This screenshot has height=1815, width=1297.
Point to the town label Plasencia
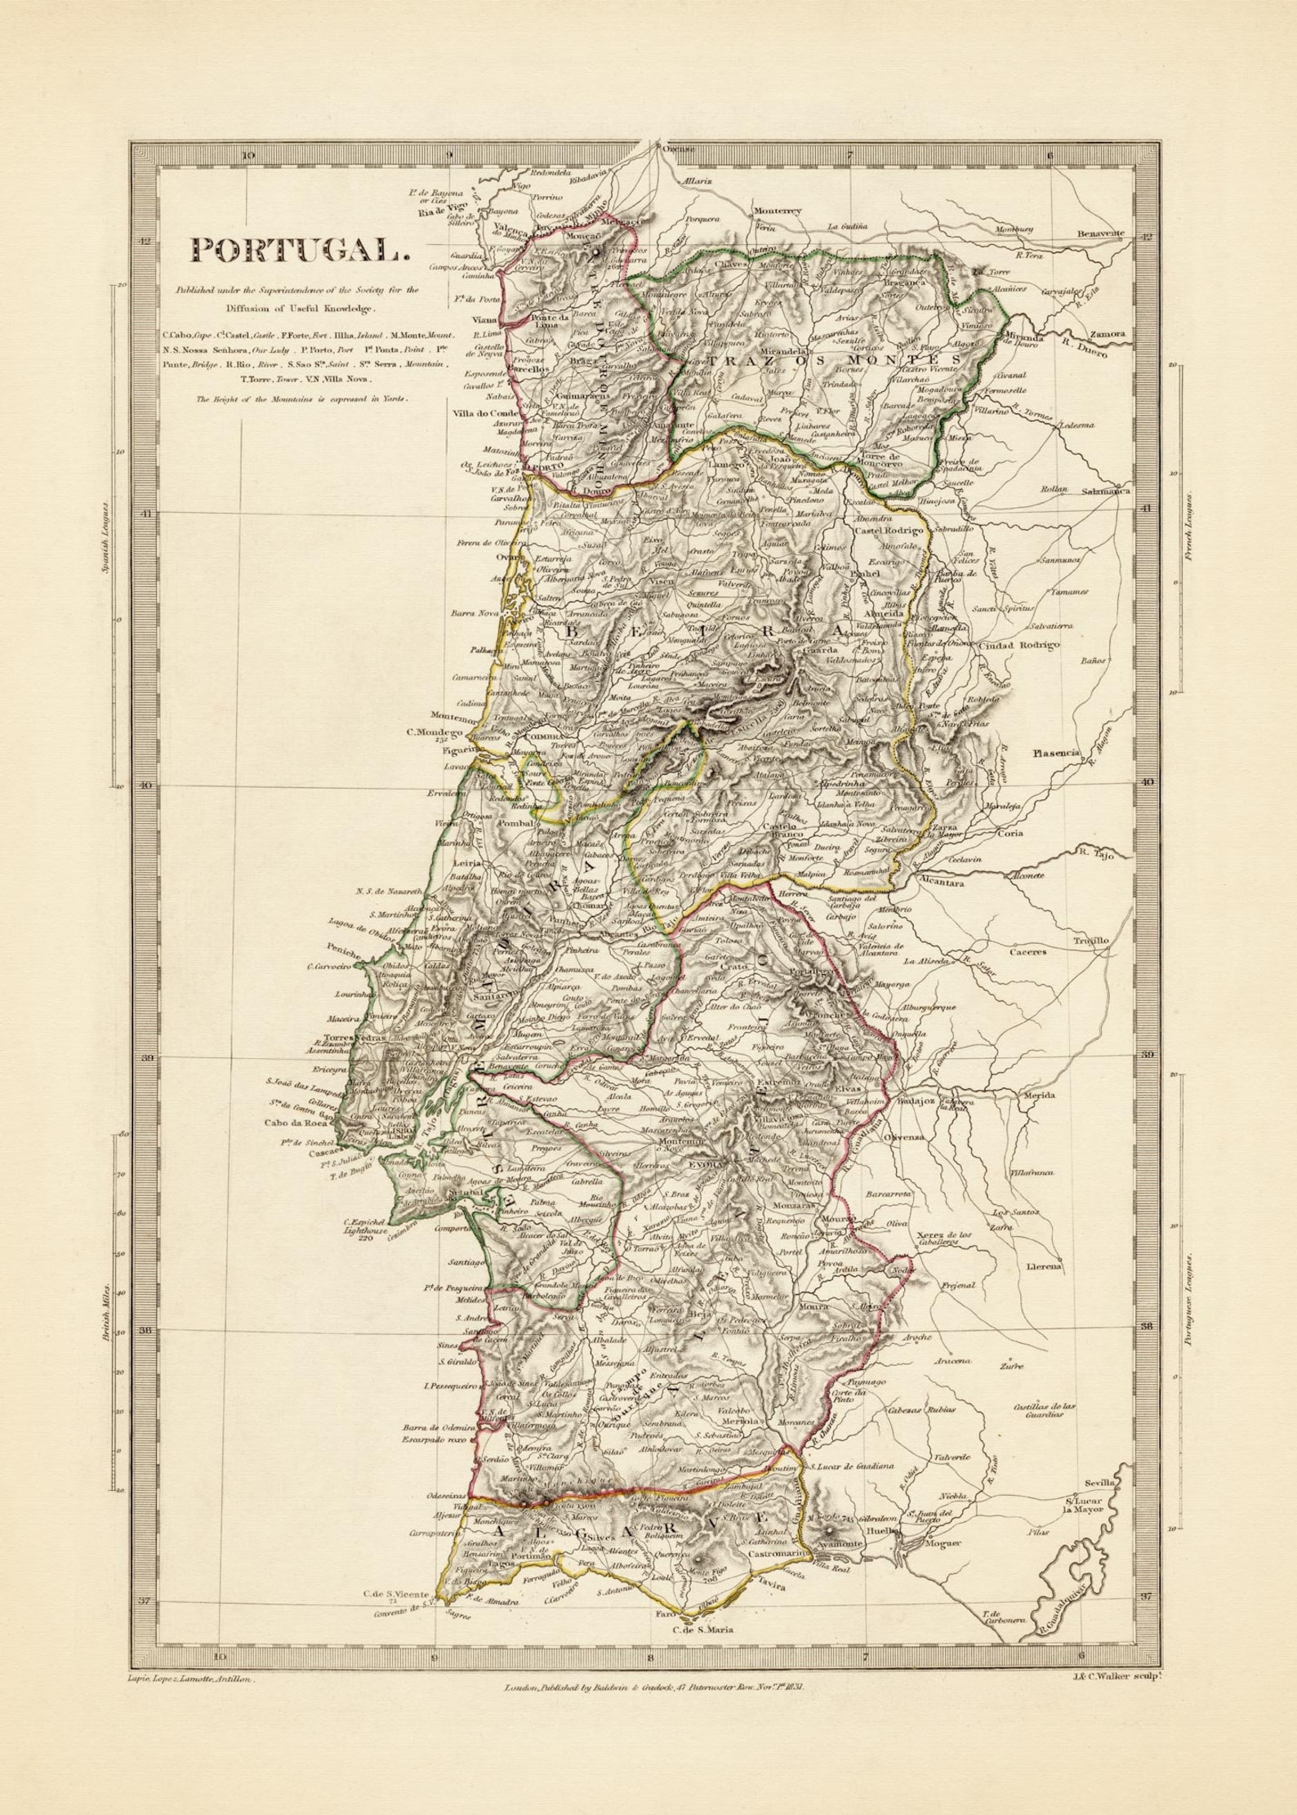(x=1055, y=753)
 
